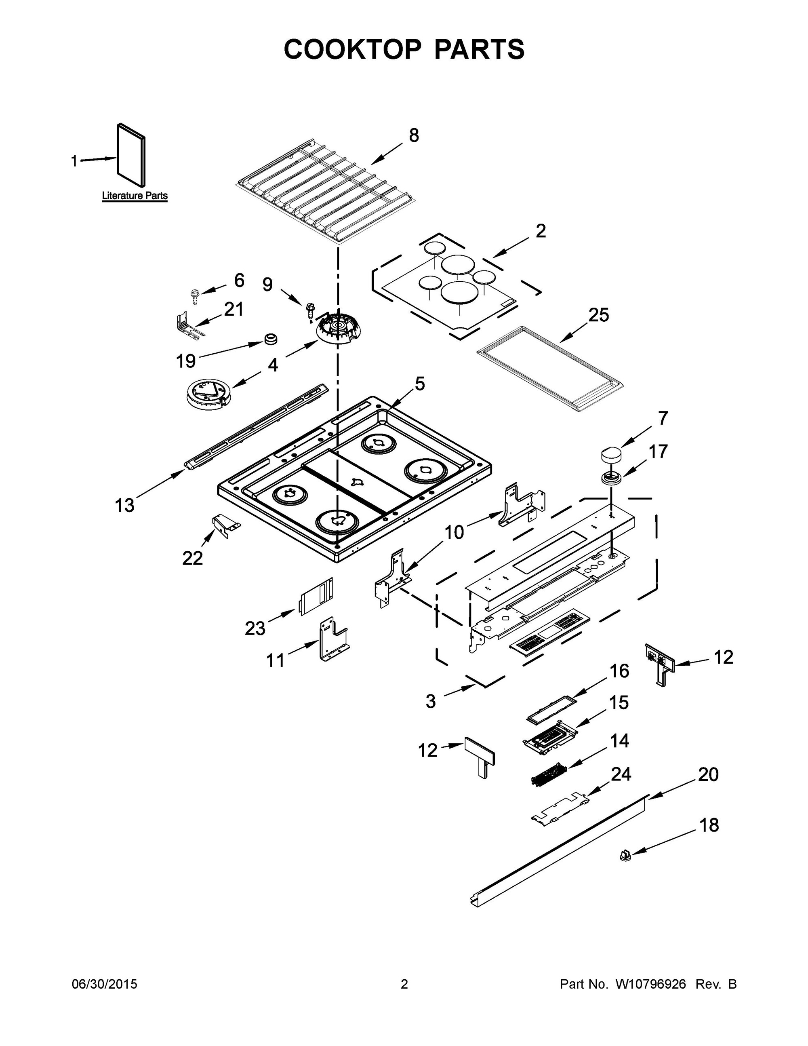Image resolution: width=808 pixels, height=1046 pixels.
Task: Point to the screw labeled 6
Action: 195,295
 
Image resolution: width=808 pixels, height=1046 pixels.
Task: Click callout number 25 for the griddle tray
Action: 598,315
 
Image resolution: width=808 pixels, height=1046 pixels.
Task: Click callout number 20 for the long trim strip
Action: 708,774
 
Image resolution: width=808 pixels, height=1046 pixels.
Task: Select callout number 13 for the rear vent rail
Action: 124,505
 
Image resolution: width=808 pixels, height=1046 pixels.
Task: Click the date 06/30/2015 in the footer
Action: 104,984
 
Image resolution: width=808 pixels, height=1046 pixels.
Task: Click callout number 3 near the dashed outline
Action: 430,701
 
